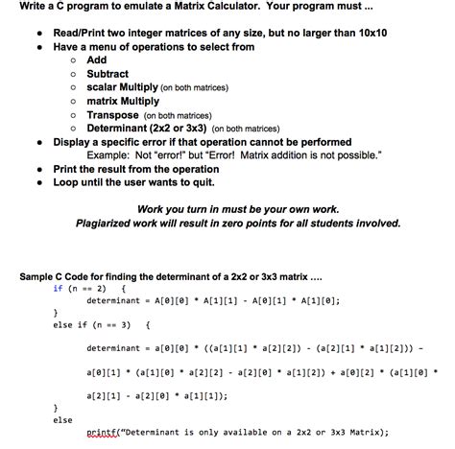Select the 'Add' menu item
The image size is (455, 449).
97,59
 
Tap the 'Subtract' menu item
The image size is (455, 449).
108,73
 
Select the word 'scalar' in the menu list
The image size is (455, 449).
103,86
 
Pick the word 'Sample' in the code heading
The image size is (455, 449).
39,277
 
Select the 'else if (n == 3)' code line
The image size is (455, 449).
96,325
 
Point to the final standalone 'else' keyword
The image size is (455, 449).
62,418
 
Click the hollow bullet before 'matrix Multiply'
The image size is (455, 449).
72,101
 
